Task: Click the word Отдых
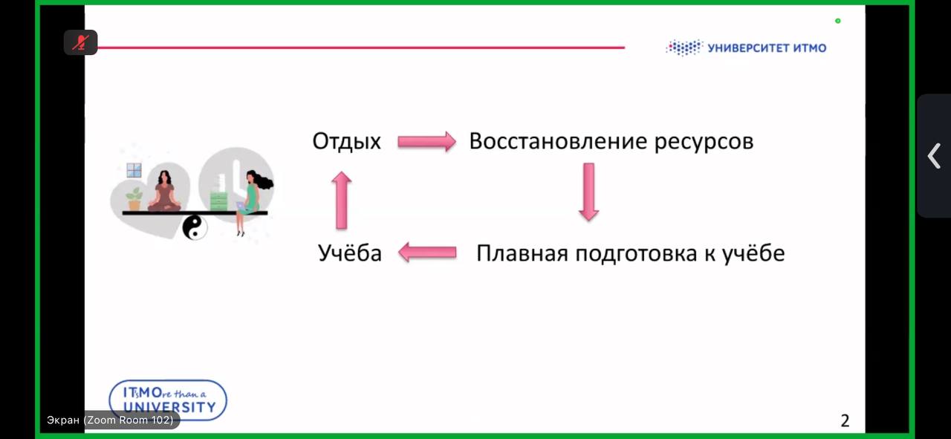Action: coord(346,141)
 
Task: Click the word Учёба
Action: coord(350,253)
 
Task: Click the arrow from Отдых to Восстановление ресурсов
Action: coord(426,141)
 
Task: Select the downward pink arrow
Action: coord(589,192)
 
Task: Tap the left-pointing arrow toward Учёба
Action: coord(427,253)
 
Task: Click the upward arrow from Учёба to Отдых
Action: coord(341,200)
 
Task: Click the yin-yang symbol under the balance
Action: coord(195,227)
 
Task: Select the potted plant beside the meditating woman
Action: coord(134,199)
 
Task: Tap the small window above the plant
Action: coord(134,171)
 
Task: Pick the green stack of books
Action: coord(218,201)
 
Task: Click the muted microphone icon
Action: coord(81,42)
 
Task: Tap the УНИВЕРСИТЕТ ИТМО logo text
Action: coord(767,48)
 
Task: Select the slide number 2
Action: coord(845,420)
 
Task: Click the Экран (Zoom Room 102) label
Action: coord(110,420)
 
